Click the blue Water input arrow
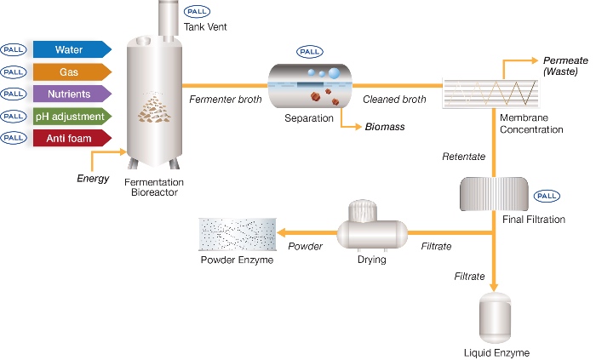(x=72, y=49)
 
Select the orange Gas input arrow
(x=72, y=71)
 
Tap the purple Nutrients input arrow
(x=72, y=94)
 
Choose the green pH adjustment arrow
(x=72, y=117)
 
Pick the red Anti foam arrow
(x=72, y=138)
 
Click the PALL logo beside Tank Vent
(x=197, y=11)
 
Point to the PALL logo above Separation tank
(x=310, y=52)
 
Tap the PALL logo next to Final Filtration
(x=547, y=196)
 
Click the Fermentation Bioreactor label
(x=154, y=187)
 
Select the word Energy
(x=93, y=179)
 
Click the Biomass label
(x=385, y=127)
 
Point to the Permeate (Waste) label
(x=565, y=66)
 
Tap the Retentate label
(x=464, y=157)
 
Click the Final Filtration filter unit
(x=494, y=194)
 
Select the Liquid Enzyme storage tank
(x=495, y=318)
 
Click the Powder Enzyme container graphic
(x=238, y=234)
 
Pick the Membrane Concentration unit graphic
(x=491, y=94)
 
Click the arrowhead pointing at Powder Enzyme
(x=282, y=233)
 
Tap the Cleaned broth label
(x=394, y=100)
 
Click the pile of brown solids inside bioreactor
(x=154, y=110)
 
